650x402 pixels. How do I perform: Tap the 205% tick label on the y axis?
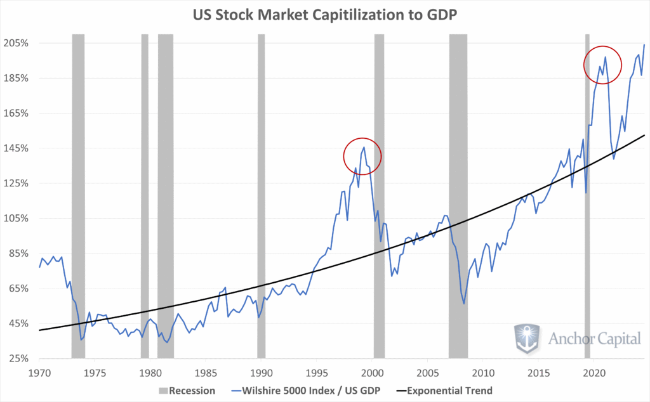[16, 43]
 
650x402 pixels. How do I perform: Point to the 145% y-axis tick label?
[16, 148]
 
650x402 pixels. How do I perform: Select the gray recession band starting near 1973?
[78, 190]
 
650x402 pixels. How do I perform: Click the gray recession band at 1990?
[261, 190]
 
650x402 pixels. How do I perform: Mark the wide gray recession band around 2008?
[458, 190]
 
